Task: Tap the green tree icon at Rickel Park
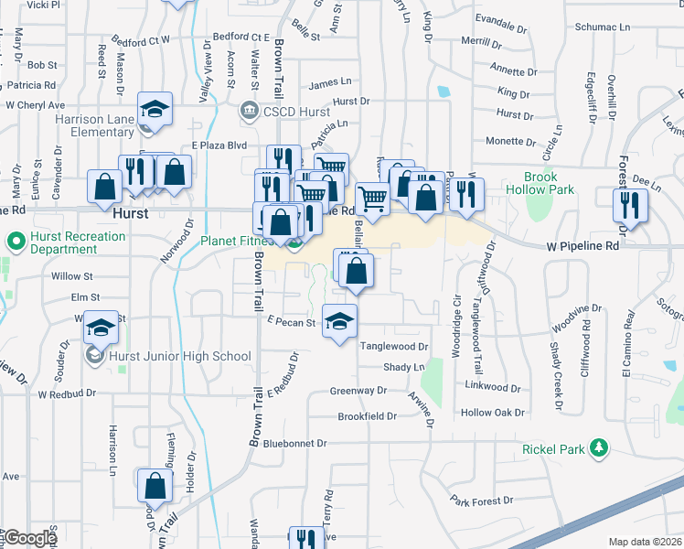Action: pyautogui.click(x=599, y=447)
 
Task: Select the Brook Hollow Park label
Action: pyautogui.click(x=548, y=183)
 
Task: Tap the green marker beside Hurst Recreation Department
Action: pyautogui.click(x=14, y=242)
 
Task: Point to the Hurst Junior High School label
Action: pyautogui.click(x=180, y=356)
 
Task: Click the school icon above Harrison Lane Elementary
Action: pyautogui.click(x=155, y=111)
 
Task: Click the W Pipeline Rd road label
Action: pyautogui.click(x=582, y=246)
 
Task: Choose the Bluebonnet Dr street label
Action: pyautogui.click(x=294, y=443)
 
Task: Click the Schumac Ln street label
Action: pyautogui.click(x=604, y=27)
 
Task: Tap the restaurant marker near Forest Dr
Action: pyautogui.click(x=631, y=204)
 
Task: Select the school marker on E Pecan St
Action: pyautogui.click(x=339, y=321)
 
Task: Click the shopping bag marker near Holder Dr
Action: pyautogui.click(x=155, y=486)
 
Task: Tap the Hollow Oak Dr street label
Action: pyautogui.click(x=491, y=413)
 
